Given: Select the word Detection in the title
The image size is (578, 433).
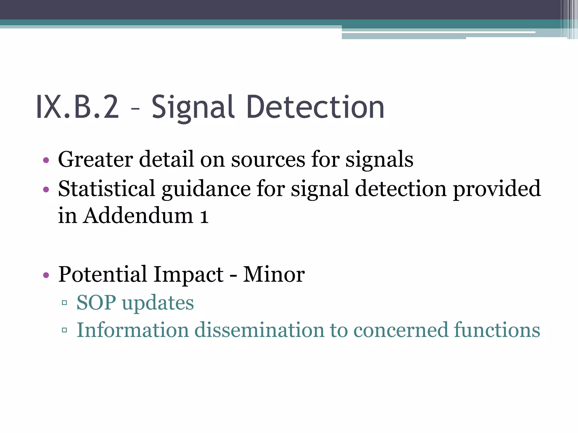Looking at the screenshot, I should point(315,107).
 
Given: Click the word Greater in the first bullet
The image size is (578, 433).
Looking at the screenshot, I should point(95,160).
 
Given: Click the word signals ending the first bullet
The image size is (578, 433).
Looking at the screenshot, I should point(379,160).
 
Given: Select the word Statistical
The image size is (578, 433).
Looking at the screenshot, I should point(106,189).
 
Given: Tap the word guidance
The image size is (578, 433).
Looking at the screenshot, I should point(206,189).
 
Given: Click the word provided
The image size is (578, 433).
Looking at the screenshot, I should point(497,189).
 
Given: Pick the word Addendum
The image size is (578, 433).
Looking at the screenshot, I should point(138,216).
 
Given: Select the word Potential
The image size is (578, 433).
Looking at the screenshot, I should point(102,274).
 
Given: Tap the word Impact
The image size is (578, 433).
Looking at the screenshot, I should point(189,274).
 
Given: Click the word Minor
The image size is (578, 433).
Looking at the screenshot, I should point(274,274).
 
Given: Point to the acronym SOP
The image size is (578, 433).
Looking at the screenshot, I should point(96,303).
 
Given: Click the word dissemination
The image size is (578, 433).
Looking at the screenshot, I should point(259,330).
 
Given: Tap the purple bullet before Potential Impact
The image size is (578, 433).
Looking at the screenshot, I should point(46,275).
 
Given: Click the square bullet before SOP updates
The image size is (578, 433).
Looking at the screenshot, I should point(64,303).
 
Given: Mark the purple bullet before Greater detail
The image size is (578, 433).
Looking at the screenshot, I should point(46,161).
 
